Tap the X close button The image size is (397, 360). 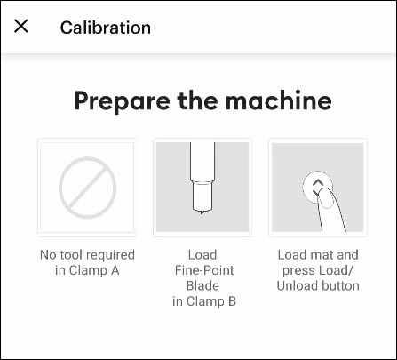[x=21, y=27]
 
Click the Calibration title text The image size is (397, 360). [x=105, y=27]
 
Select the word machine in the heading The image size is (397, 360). [x=275, y=100]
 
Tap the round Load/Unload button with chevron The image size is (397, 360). [x=317, y=186]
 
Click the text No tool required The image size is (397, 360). [x=87, y=254]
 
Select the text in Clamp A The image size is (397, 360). [x=87, y=270]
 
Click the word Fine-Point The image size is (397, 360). [x=202, y=270]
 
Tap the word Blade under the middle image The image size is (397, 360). [x=202, y=286]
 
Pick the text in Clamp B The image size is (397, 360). [x=202, y=302]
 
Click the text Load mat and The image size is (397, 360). [x=318, y=254]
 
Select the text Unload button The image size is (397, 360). [x=318, y=286]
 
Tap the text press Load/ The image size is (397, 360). [x=318, y=270]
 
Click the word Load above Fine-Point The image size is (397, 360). [x=202, y=254]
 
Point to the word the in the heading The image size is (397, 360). [x=195, y=100]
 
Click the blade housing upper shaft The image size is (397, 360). [x=202, y=160]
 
